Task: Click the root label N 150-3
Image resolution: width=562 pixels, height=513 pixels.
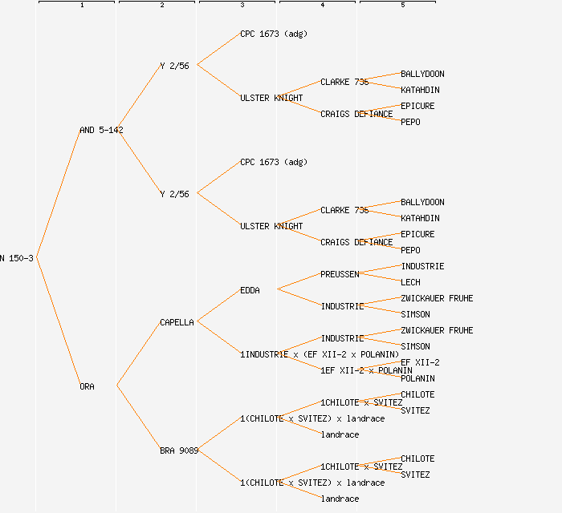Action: click(16, 258)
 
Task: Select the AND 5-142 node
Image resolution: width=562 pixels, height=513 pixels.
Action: click(101, 130)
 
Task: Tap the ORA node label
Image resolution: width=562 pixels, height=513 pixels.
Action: click(87, 386)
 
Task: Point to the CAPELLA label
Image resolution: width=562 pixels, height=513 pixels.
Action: click(177, 322)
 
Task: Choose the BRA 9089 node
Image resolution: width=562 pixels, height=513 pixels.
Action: click(178, 450)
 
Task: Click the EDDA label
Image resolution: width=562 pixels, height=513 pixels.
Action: click(250, 290)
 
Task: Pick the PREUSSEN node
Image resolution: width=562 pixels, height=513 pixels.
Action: click(340, 274)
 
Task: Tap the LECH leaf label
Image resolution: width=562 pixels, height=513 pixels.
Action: click(409, 282)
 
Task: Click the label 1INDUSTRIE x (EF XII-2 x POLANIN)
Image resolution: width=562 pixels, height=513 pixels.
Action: click(320, 354)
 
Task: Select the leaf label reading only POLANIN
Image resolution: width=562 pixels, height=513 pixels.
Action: click(417, 378)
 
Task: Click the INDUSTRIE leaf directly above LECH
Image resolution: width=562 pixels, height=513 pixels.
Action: click(422, 266)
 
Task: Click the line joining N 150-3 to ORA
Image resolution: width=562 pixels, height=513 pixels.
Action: click(58, 322)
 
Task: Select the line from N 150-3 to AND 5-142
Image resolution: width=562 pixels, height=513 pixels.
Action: click(58, 194)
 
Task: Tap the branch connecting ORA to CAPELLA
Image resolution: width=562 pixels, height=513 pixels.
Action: click(138, 354)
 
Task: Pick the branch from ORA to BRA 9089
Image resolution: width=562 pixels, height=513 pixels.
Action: click(138, 418)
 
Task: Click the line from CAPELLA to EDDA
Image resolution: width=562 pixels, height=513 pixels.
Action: click(218, 305)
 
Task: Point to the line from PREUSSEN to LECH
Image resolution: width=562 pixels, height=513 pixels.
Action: click(380, 278)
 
